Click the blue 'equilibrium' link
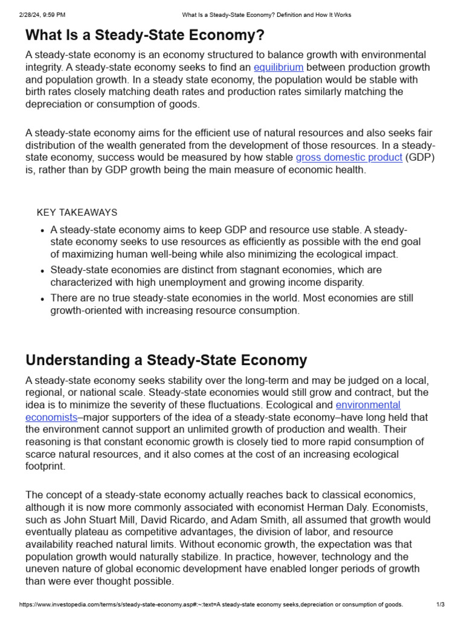click(x=279, y=67)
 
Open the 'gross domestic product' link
click(x=349, y=157)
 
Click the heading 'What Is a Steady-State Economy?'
click(x=145, y=35)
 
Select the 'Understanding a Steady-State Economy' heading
click(x=166, y=360)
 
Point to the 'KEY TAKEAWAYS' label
click(x=77, y=212)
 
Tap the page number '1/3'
click(x=440, y=604)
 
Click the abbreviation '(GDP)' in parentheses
click(x=420, y=157)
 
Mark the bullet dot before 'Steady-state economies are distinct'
click(x=42, y=271)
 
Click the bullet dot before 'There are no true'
click(x=42, y=299)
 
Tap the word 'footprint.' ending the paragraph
click(x=45, y=467)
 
